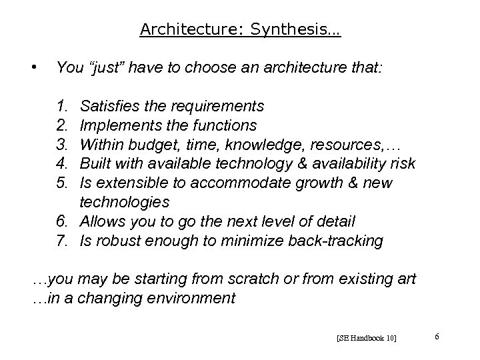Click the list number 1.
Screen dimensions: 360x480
(x=61, y=106)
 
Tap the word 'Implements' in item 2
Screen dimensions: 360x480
(x=114, y=125)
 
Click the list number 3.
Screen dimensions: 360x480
(x=61, y=144)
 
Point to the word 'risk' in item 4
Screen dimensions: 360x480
(x=402, y=163)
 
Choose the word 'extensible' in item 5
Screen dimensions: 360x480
(x=124, y=183)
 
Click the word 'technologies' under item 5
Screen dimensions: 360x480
(x=125, y=202)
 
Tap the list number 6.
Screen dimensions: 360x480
(x=61, y=221)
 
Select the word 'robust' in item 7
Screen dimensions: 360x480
(x=115, y=241)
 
